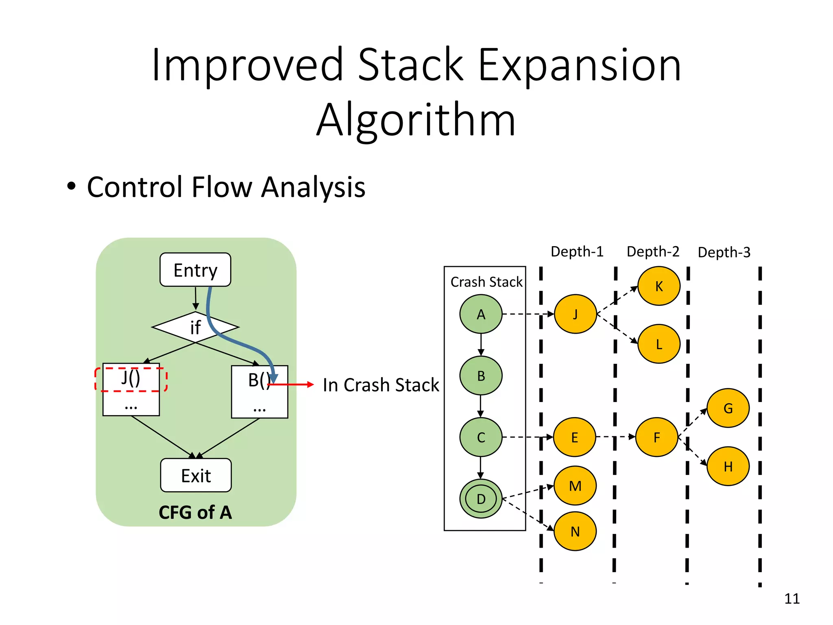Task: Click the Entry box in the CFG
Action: coord(195,270)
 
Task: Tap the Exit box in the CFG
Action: coord(196,475)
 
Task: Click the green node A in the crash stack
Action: coord(481,314)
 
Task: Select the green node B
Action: coord(481,376)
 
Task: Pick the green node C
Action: coord(481,437)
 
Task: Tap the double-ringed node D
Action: coord(481,498)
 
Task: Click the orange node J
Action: coord(575,314)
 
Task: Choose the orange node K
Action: coord(659,286)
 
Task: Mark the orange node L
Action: coord(659,344)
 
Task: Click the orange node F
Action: coord(656,437)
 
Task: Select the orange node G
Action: coord(728,408)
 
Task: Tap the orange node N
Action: coord(575,531)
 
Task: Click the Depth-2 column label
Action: coord(653,252)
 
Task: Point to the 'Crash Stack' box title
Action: coord(486,282)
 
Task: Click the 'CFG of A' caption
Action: coord(195,512)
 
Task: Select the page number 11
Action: coord(792,599)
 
